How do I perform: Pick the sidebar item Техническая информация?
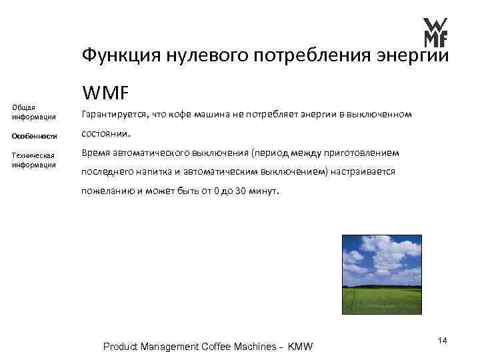[33, 159]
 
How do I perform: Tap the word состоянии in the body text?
[104, 133]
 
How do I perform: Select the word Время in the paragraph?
[96, 152]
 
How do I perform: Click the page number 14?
[443, 341]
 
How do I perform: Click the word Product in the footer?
[121, 347]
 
